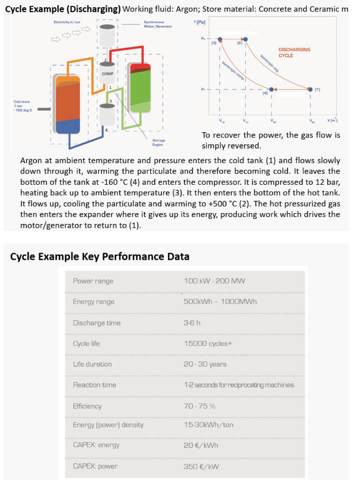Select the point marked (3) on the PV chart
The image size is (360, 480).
[x=220, y=40]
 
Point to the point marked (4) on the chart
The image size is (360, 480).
[x=271, y=89]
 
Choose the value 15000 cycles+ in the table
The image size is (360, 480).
[x=206, y=343]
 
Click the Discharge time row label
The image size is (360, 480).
[x=97, y=323]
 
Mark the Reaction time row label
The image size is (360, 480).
[x=94, y=385]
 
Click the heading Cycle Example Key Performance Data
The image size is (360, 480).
[x=100, y=256]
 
